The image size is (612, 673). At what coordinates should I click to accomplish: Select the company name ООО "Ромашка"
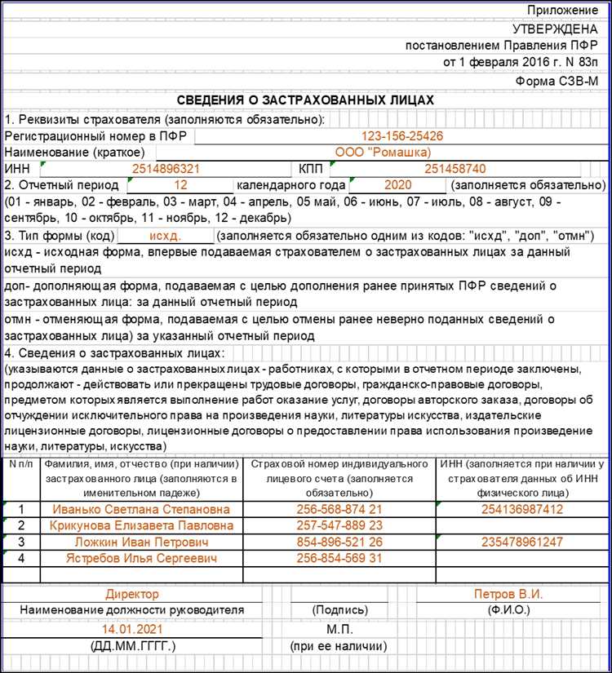[x=383, y=152]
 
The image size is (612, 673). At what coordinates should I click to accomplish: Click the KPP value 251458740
[x=445, y=169]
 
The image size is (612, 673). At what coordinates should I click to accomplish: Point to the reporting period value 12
[x=180, y=185]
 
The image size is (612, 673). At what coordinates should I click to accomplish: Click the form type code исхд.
[x=166, y=236]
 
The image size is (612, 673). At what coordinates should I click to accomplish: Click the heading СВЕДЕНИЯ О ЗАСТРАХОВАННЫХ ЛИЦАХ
[x=306, y=100]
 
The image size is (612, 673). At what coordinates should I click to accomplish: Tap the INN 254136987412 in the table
[x=521, y=509]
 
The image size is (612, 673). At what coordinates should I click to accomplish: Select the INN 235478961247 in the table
[x=521, y=542]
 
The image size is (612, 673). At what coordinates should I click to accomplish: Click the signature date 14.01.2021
[x=131, y=630]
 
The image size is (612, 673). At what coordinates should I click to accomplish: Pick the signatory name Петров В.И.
[x=508, y=595]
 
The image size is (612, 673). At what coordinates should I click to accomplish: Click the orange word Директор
[x=132, y=595]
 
